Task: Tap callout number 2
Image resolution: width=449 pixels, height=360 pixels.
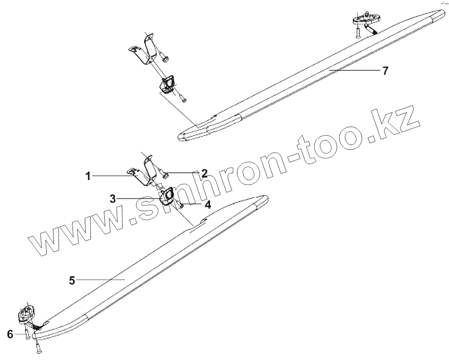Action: coord(204,173)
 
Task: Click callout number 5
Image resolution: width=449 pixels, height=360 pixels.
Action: coord(72,280)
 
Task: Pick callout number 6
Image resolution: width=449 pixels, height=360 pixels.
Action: coord(10,335)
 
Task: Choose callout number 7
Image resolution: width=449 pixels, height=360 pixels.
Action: coord(384,71)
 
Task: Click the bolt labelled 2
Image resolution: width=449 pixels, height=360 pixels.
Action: coord(165,174)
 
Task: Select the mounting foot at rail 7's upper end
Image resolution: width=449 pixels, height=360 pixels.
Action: coord(366,19)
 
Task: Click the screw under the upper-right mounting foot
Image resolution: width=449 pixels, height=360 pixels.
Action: coord(358,31)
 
